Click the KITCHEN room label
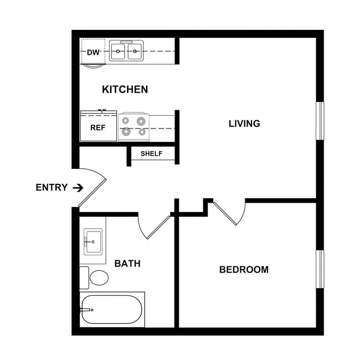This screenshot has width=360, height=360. click(x=125, y=89)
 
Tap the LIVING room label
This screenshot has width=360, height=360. click(x=244, y=124)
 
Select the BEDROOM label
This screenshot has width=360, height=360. click(x=244, y=270)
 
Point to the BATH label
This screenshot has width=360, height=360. click(x=127, y=263)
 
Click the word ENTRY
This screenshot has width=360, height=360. click(x=52, y=187)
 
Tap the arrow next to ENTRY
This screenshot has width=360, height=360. click(x=78, y=187)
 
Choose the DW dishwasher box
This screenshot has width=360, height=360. click(x=93, y=53)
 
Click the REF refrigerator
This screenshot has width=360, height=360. click(x=98, y=127)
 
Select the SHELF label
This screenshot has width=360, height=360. click(x=151, y=153)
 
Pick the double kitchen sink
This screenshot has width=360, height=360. click(x=126, y=52)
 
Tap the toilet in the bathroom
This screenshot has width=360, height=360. click(x=98, y=277)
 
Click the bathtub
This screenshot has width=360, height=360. click(x=112, y=310)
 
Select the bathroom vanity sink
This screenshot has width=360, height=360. click(x=93, y=243)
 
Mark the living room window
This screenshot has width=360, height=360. click(x=320, y=120)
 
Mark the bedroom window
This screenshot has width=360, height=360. click(x=320, y=269)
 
